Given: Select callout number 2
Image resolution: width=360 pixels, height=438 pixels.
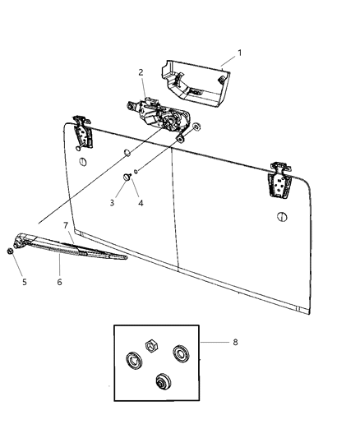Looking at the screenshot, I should coord(141,71).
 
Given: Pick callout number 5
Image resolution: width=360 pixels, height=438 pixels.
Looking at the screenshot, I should coord(24,282).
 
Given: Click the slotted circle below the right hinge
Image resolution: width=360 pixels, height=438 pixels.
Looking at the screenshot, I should coord(283,216).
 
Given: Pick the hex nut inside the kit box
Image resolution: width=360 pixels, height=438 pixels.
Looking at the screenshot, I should coord(152,346).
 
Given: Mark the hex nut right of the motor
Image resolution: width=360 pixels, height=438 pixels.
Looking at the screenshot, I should coord(197,128).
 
